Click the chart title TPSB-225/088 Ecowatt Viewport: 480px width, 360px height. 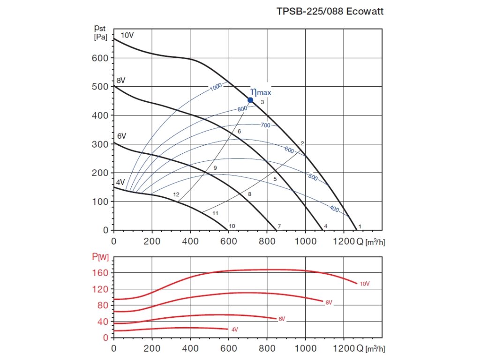click(x=330, y=12)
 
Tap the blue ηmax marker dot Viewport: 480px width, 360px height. click(x=250, y=100)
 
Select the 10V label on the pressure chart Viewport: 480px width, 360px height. click(x=127, y=36)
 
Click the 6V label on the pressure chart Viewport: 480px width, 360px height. click(x=121, y=136)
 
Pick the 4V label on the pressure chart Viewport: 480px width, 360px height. click(x=120, y=182)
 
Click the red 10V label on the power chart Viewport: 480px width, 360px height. click(x=365, y=284)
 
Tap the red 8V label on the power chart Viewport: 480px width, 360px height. click(x=329, y=302)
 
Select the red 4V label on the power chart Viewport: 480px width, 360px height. click(x=234, y=330)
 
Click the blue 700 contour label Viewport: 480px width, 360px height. click(x=266, y=125)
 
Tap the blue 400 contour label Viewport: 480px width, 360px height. click(x=334, y=209)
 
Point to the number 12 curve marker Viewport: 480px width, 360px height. click(x=176, y=195)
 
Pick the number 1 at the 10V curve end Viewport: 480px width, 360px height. click(x=360, y=227)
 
